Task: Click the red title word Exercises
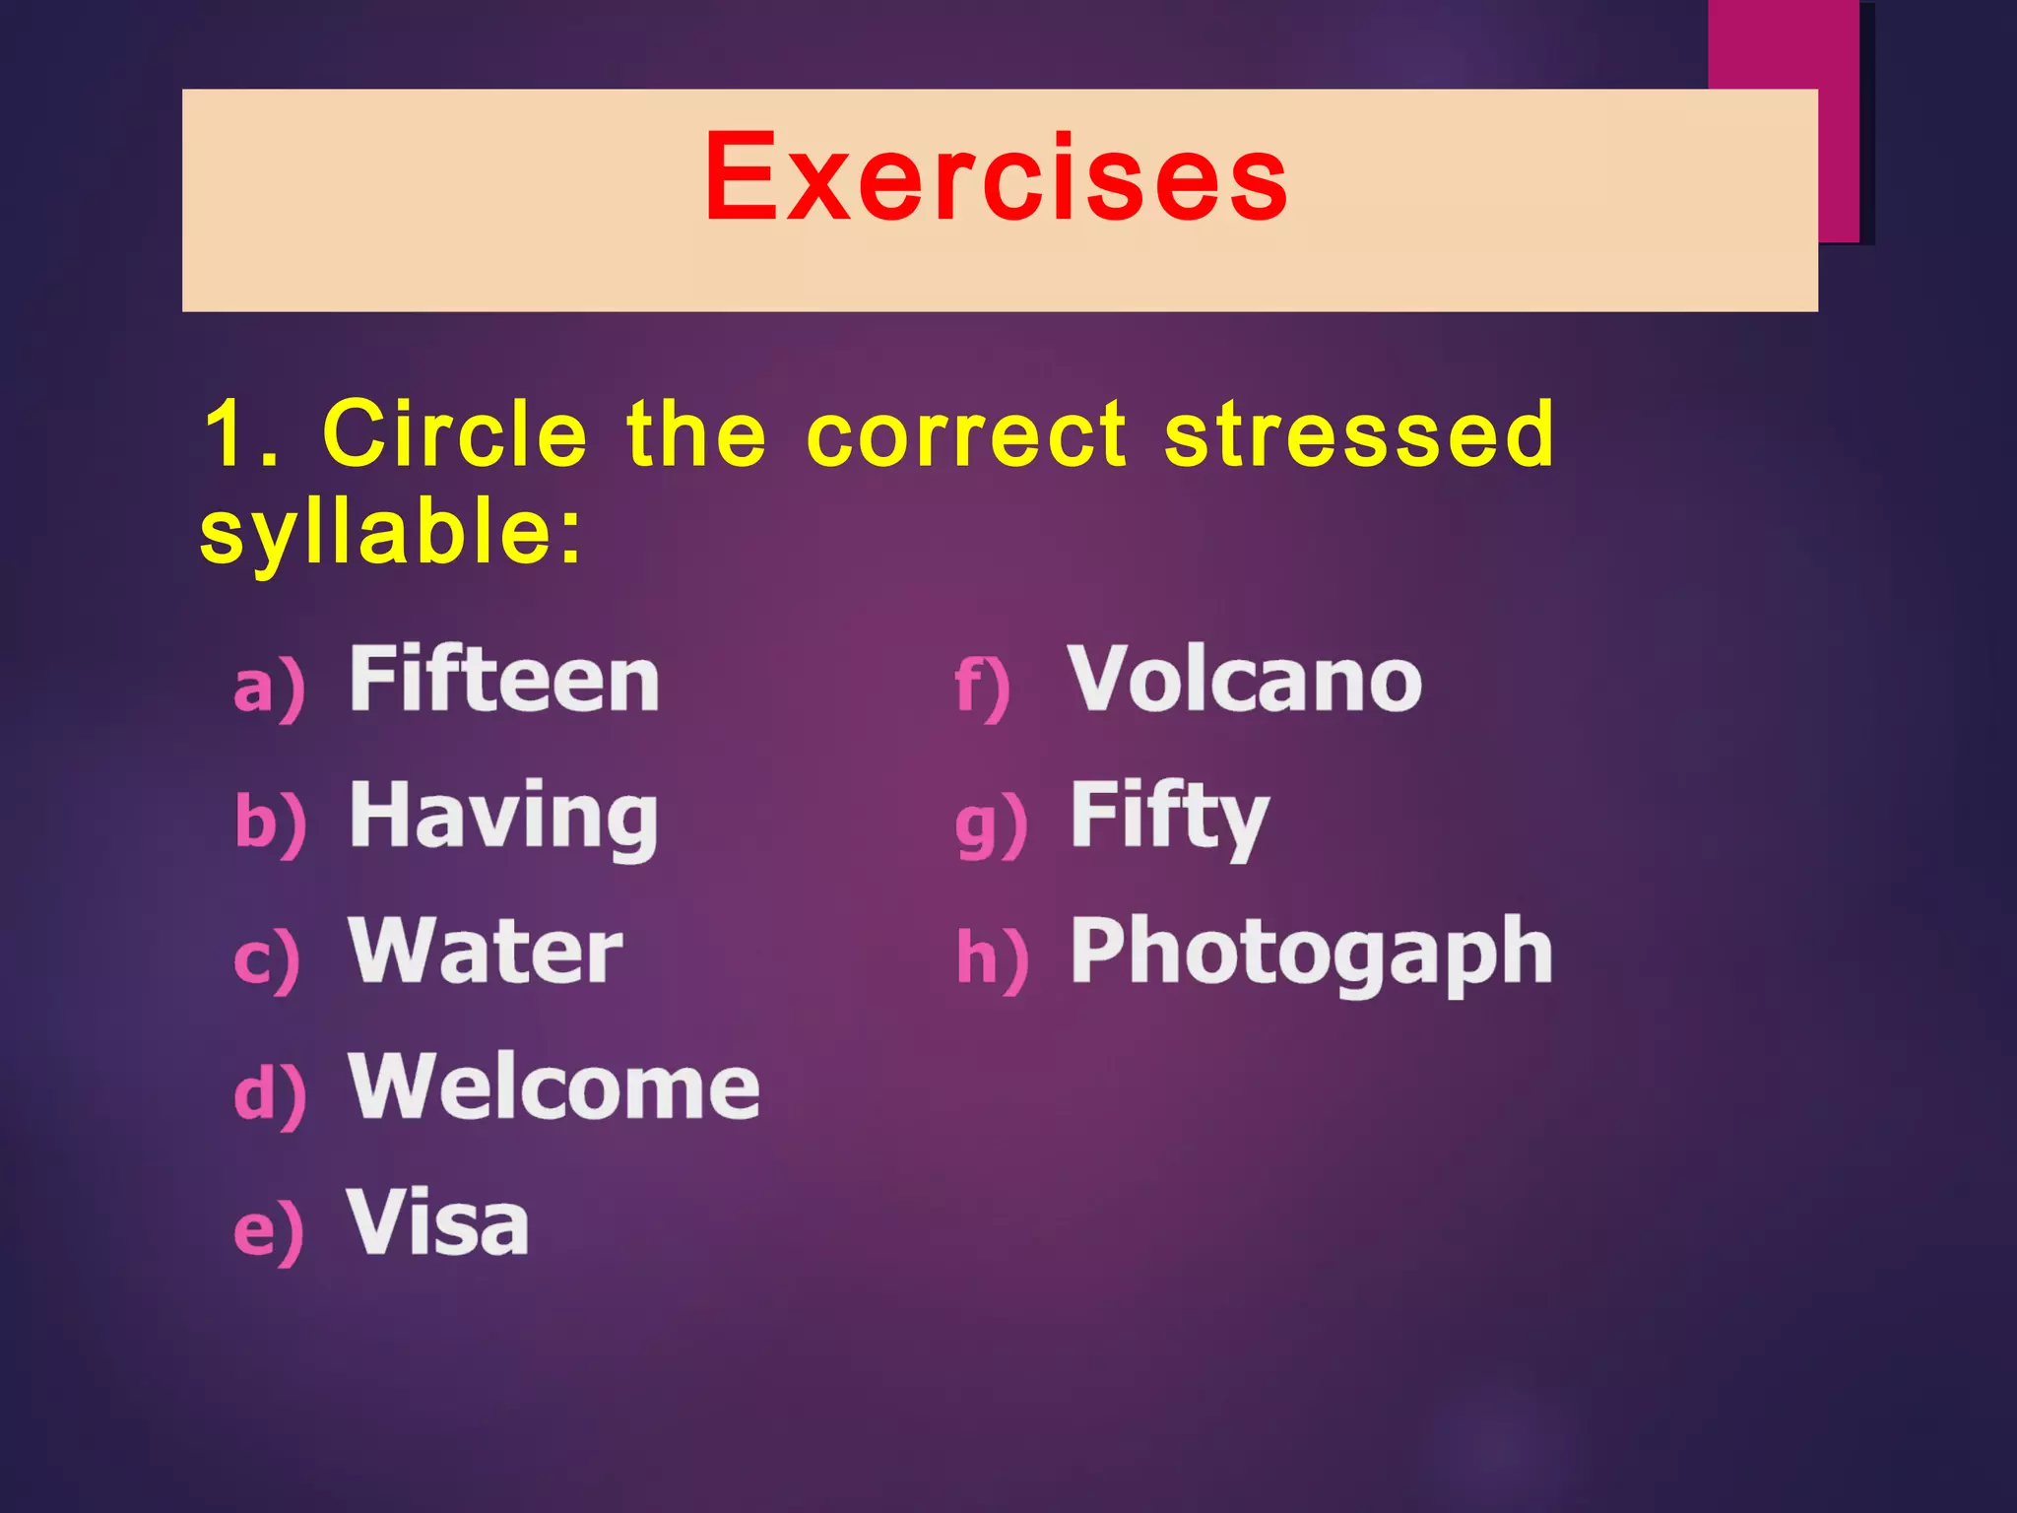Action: pos(995,177)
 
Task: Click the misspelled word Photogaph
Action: pos(1311,954)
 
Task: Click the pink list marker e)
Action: pos(269,1231)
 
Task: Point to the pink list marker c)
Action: pos(267,959)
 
